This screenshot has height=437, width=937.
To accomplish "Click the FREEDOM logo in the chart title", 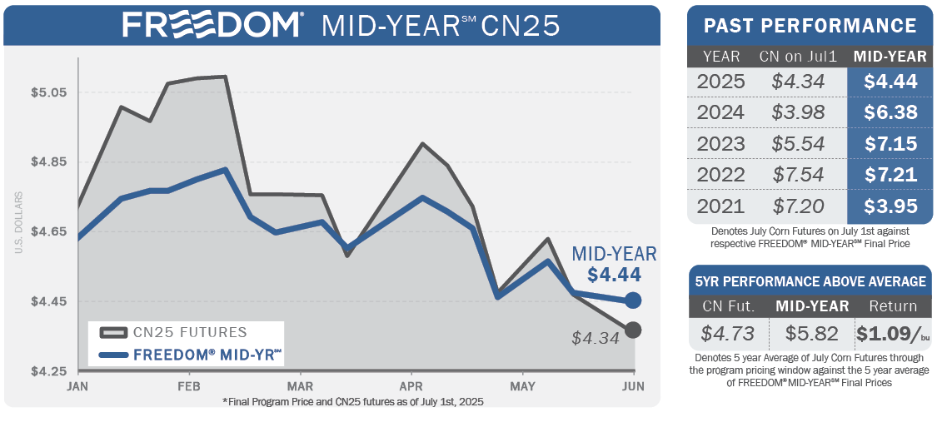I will tap(212, 24).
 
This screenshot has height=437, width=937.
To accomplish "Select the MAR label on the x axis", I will tap(300, 387).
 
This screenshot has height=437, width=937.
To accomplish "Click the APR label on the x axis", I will tap(411, 387).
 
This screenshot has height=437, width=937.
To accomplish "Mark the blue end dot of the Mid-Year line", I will tap(633, 300).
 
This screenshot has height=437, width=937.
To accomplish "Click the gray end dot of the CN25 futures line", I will tap(633, 330).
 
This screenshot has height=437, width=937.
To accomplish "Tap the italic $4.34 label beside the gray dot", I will tap(596, 338).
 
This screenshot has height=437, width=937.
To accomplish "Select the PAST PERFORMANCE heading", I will tap(810, 26).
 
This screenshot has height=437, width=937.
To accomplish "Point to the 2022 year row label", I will tap(721, 175).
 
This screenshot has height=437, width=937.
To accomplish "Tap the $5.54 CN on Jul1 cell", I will tap(798, 143).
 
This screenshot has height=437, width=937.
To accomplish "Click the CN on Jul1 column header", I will tap(798, 57).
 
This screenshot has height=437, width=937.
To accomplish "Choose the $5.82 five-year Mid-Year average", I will tap(812, 334).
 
